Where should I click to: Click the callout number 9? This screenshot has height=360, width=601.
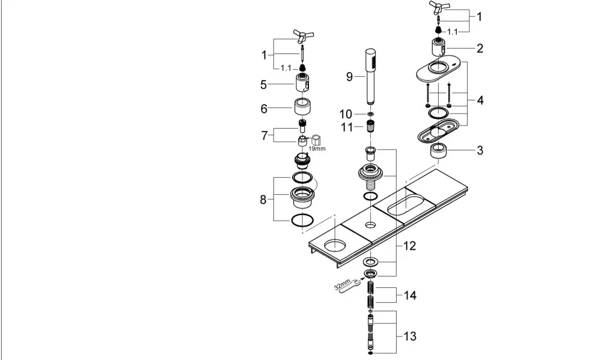tap(349, 77)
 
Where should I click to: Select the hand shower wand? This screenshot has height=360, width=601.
tap(371, 76)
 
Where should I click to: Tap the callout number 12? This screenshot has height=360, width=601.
tap(409, 246)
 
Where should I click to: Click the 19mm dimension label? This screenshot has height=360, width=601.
tap(317, 148)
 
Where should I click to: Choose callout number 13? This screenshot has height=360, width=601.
tap(409, 336)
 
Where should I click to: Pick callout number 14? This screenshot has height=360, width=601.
tap(409, 295)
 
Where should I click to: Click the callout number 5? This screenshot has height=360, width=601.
tap(263, 85)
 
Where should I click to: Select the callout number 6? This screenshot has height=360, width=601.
tap(264, 109)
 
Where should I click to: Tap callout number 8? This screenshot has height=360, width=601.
tap(263, 200)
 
